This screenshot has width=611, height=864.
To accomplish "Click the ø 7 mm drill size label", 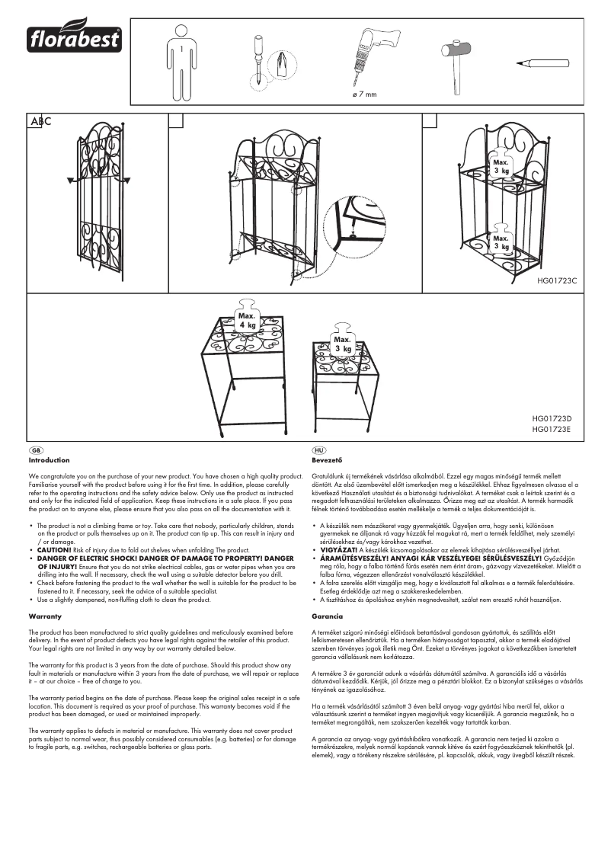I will [364, 94].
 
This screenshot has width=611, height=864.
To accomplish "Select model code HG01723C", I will [557, 281].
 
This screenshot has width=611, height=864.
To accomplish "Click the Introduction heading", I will [49, 460].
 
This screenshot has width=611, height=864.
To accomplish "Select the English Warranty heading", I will [45, 615].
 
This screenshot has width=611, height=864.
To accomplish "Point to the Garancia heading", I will [328, 615].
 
